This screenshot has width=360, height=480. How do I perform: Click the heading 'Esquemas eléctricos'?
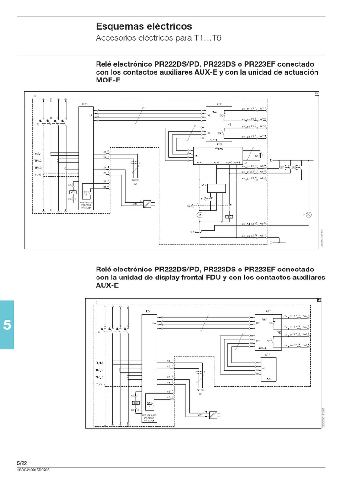(x=144, y=26)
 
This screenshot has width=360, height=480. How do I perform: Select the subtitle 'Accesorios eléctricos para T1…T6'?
(x=158, y=38)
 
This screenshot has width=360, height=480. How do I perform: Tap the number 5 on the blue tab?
(x=7, y=325)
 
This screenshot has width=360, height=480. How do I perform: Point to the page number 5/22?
(x=22, y=463)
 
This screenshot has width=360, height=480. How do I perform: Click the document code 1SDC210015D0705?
(x=33, y=470)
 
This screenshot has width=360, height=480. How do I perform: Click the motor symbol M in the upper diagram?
(x=199, y=214)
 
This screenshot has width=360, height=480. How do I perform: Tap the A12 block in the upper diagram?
(x=219, y=123)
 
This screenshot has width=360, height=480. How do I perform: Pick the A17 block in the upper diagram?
(x=216, y=191)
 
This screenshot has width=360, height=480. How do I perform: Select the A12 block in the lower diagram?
(x=268, y=330)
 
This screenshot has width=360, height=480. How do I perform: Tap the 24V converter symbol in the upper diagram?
(x=147, y=204)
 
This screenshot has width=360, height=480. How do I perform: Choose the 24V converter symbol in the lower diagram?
(x=213, y=414)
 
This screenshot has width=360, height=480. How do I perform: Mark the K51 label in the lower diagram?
(x=148, y=311)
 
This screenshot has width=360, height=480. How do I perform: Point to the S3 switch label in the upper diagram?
(x=192, y=232)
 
